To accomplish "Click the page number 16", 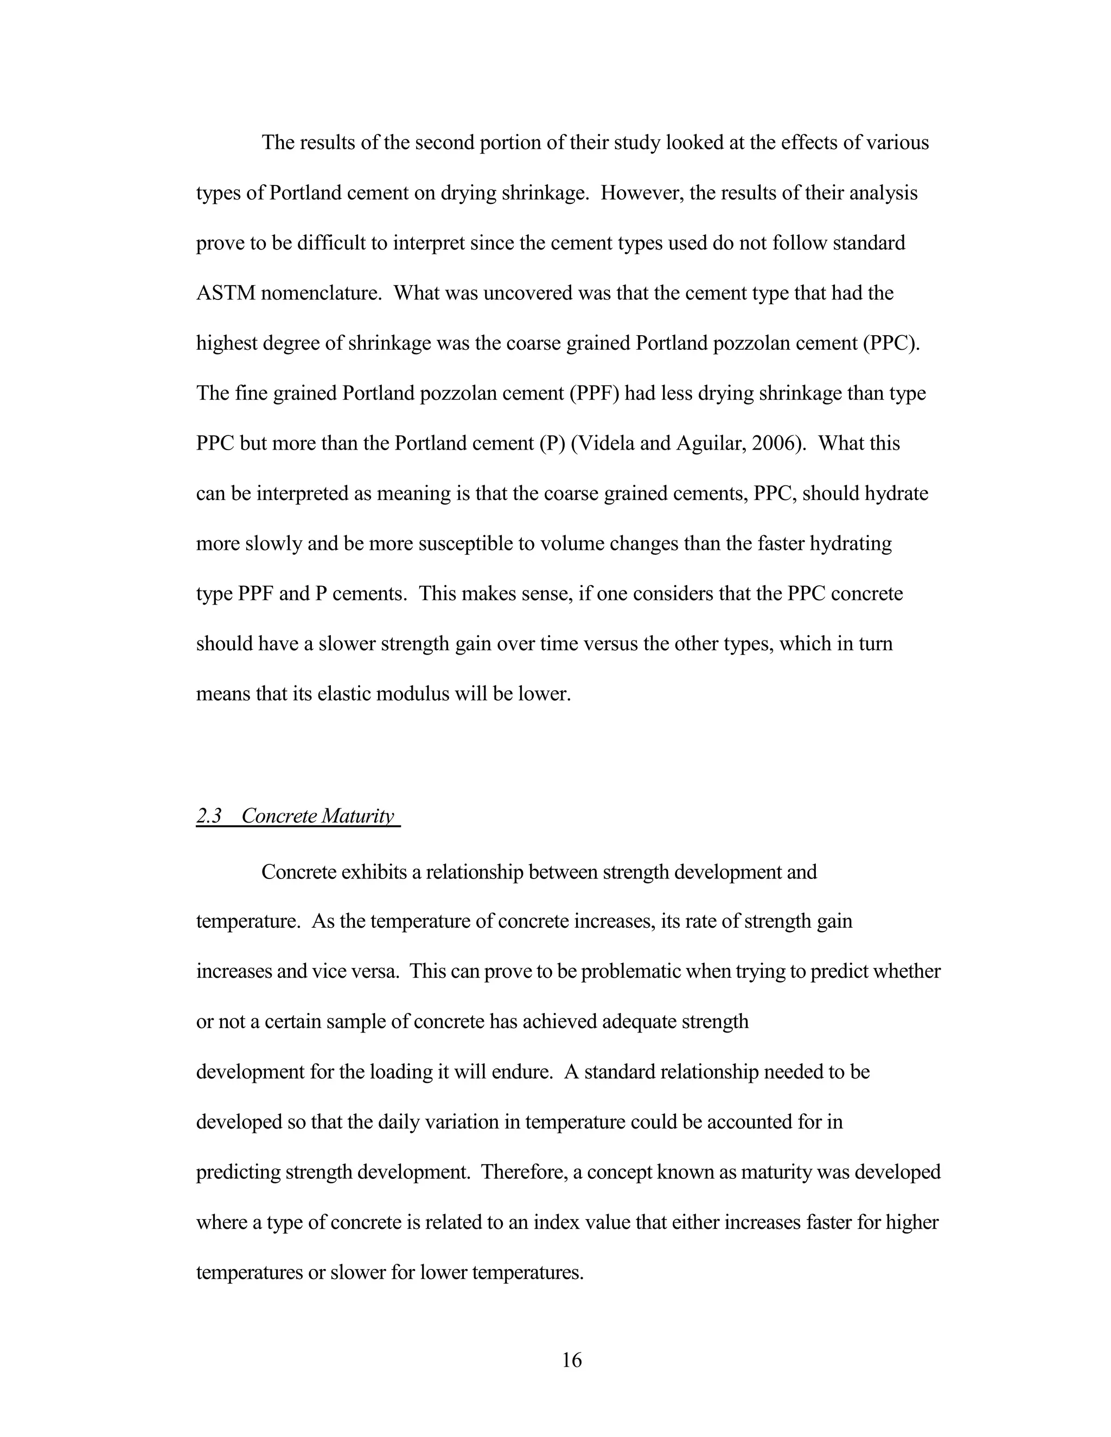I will [571, 1359].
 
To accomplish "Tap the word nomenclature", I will [321, 293].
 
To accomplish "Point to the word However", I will [633, 193].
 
